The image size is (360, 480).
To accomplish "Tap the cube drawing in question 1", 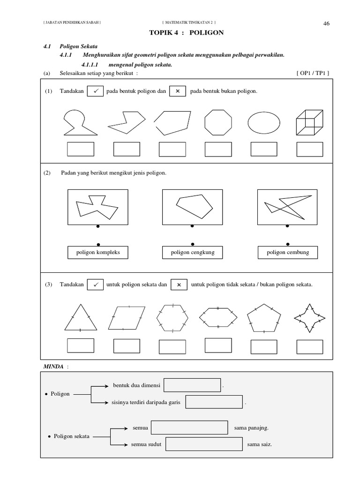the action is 309,123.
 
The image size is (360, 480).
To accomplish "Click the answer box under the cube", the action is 309,149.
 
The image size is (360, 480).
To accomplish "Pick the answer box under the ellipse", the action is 263,149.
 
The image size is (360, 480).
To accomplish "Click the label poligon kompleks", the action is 98,252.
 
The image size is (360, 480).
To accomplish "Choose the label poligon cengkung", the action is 192,252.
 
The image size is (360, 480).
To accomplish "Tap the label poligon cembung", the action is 287,252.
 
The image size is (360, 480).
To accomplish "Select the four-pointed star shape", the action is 309,318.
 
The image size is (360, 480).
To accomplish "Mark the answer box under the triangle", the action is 80,345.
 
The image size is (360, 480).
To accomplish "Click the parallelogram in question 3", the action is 127,318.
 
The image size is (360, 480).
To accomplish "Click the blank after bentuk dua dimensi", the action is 192,385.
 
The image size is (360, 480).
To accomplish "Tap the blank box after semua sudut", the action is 203,444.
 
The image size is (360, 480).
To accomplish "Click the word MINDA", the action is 52,366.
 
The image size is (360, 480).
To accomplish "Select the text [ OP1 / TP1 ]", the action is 313,73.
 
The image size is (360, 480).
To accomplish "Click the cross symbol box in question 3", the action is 179,285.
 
